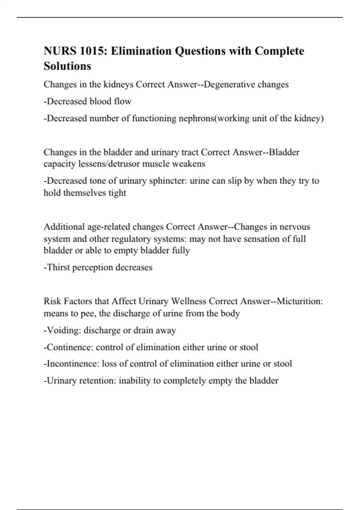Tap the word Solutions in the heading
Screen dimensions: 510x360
[67, 66]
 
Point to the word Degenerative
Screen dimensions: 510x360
[229, 85]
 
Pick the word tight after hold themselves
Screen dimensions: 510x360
[117, 193]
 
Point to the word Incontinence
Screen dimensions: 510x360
[73, 364]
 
